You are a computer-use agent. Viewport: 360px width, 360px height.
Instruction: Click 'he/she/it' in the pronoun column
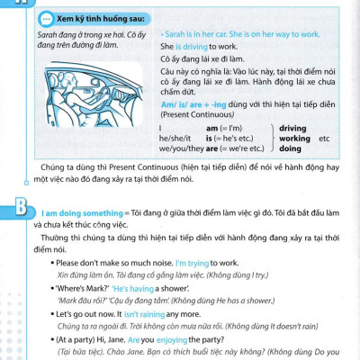click(174, 151)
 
